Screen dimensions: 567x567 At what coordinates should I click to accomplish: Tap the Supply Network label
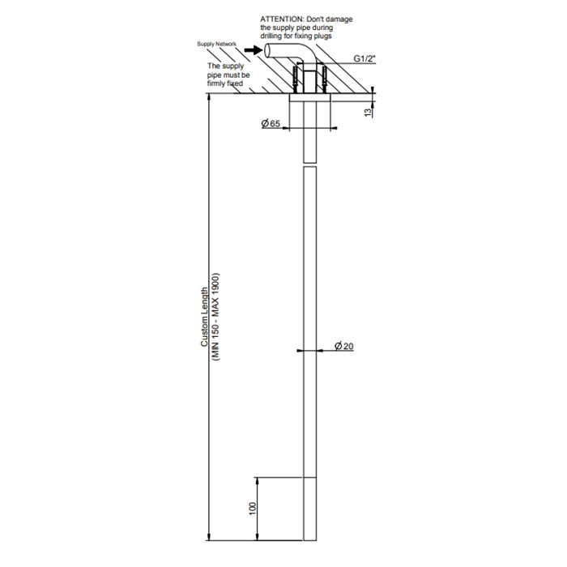216,44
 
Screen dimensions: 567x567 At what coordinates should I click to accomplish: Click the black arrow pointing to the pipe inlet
254,50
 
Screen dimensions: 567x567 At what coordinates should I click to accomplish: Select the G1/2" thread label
364,58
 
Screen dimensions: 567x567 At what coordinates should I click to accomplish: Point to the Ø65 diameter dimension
271,124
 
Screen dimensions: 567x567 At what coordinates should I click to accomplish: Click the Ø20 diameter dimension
344,347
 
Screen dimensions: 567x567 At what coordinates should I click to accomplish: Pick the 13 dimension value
368,113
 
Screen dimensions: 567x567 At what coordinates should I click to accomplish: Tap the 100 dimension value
253,509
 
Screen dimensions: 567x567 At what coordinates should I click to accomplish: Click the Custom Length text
205,318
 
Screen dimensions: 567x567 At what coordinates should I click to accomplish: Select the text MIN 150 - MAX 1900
216,317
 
